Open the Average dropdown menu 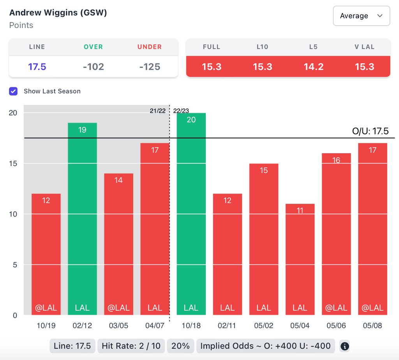coord(361,16)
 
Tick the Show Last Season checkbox coord(14,91)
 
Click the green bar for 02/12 coord(82,218)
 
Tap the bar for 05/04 coord(300,259)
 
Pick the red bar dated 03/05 coord(118,244)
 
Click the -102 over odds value coord(94,67)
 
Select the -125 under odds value coord(150,67)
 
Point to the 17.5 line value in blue coord(37,67)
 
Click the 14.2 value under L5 coord(314,67)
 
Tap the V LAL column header coord(364,47)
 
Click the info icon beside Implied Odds coord(344,346)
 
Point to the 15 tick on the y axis coord(13,163)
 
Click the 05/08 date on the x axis coord(373,325)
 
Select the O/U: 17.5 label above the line coord(370,131)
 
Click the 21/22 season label coord(157,111)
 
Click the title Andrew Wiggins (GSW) coord(58,12)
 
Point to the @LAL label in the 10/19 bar coord(46,308)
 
